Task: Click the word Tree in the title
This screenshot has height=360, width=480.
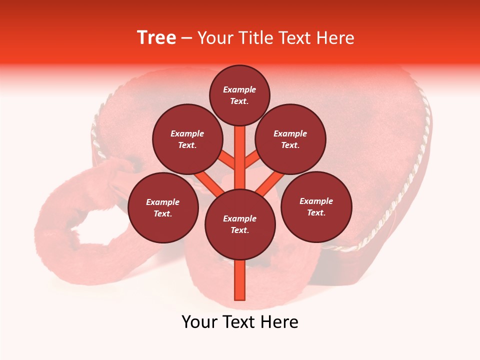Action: (156, 38)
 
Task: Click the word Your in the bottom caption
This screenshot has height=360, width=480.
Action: (200, 322)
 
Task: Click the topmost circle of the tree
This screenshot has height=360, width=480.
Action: (239, 95)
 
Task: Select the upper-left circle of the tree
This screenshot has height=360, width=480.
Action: (187, 139)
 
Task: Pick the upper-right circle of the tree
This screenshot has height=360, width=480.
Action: (290, 139)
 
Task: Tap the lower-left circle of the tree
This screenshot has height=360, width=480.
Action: (163, 208)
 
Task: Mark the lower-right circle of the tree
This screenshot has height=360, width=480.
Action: (316, 207)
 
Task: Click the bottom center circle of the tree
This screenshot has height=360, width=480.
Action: (240, 224)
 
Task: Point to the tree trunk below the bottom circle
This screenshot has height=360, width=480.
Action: (240, 280)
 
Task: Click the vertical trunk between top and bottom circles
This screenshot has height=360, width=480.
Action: (240, 155)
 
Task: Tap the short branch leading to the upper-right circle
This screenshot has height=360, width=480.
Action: (252, 160)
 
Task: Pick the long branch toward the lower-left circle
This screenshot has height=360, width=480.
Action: (209, 182)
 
